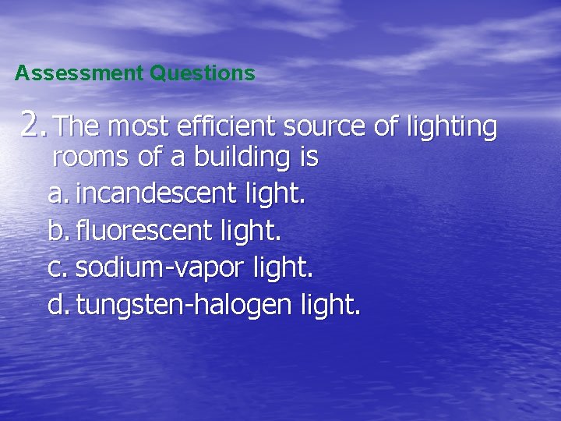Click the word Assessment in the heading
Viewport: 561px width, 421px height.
coord(79,74)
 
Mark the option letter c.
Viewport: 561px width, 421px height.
coord(57,268)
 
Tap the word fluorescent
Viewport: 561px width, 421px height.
coord(144,231)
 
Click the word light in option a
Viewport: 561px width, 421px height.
coord(274,194)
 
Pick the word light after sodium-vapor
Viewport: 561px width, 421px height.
coord(282,268)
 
